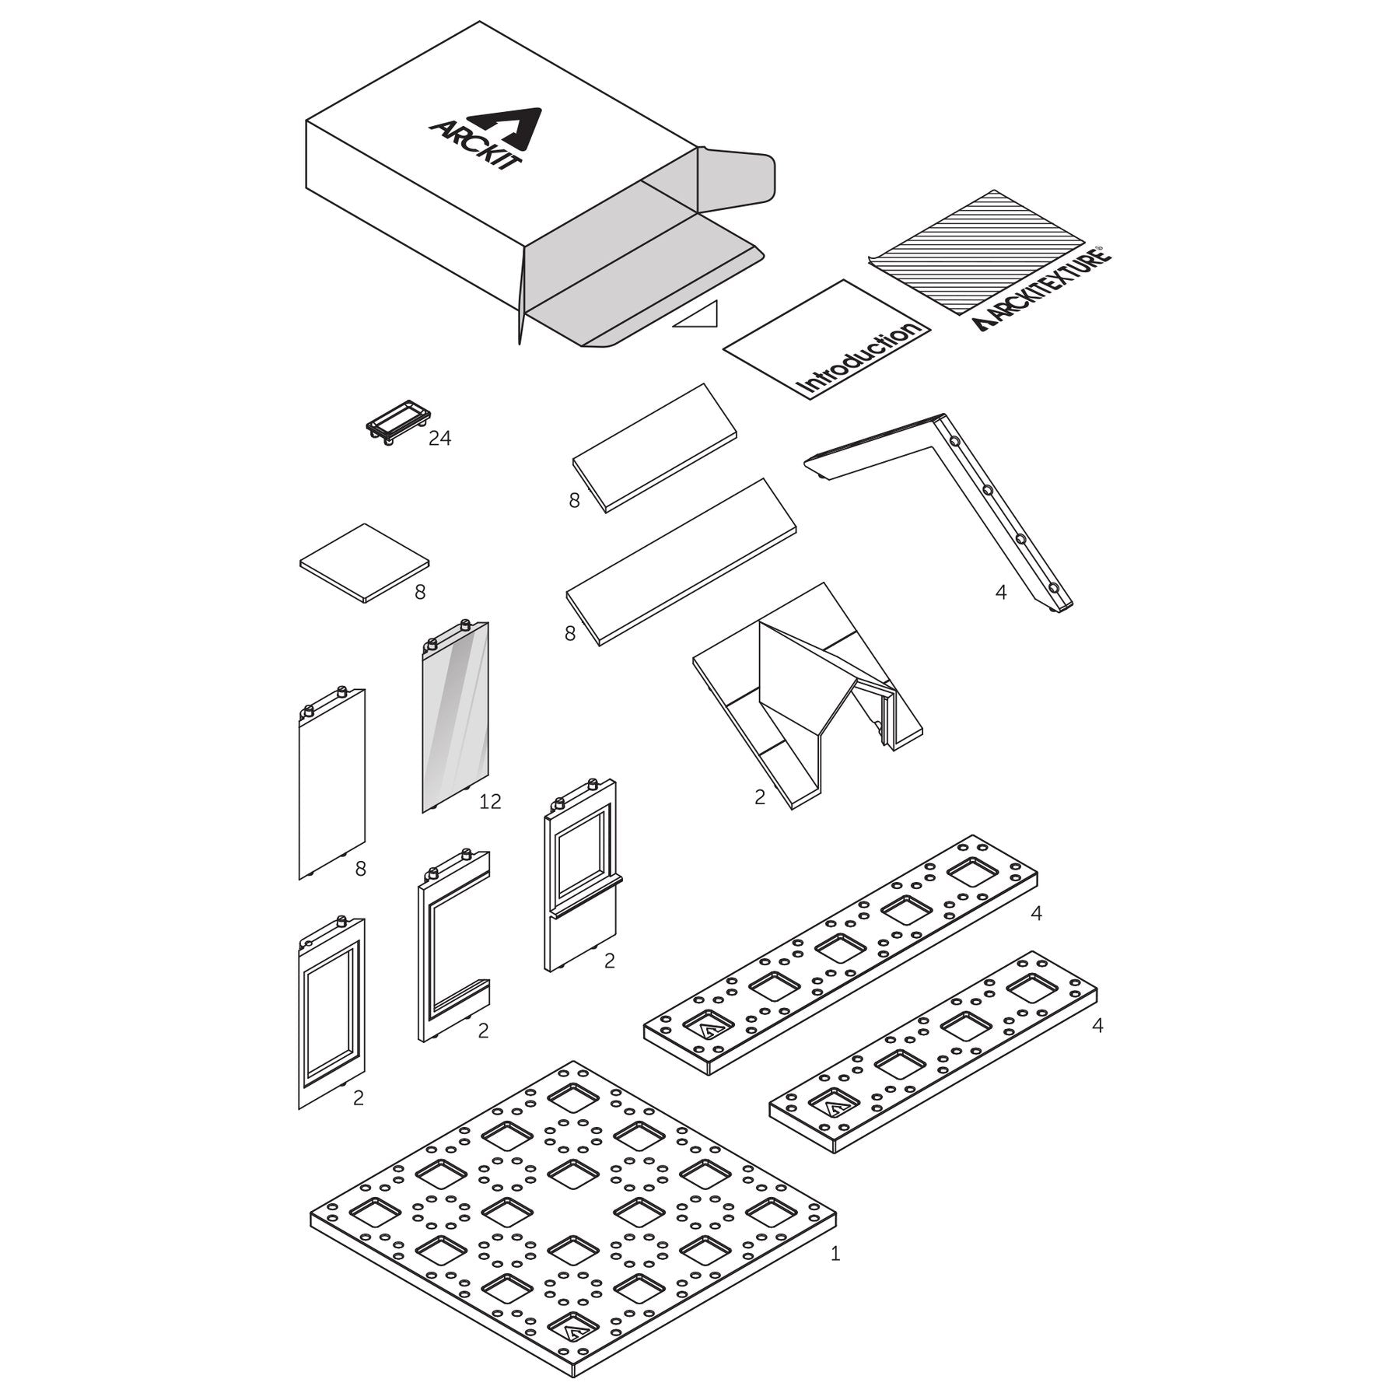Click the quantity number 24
pos(439,439)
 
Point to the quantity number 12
pos(490,800)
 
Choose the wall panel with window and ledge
pos(583,875)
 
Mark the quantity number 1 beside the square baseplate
pos(835,1254)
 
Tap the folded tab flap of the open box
pos(737,177)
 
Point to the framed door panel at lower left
pos(331,1012)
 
